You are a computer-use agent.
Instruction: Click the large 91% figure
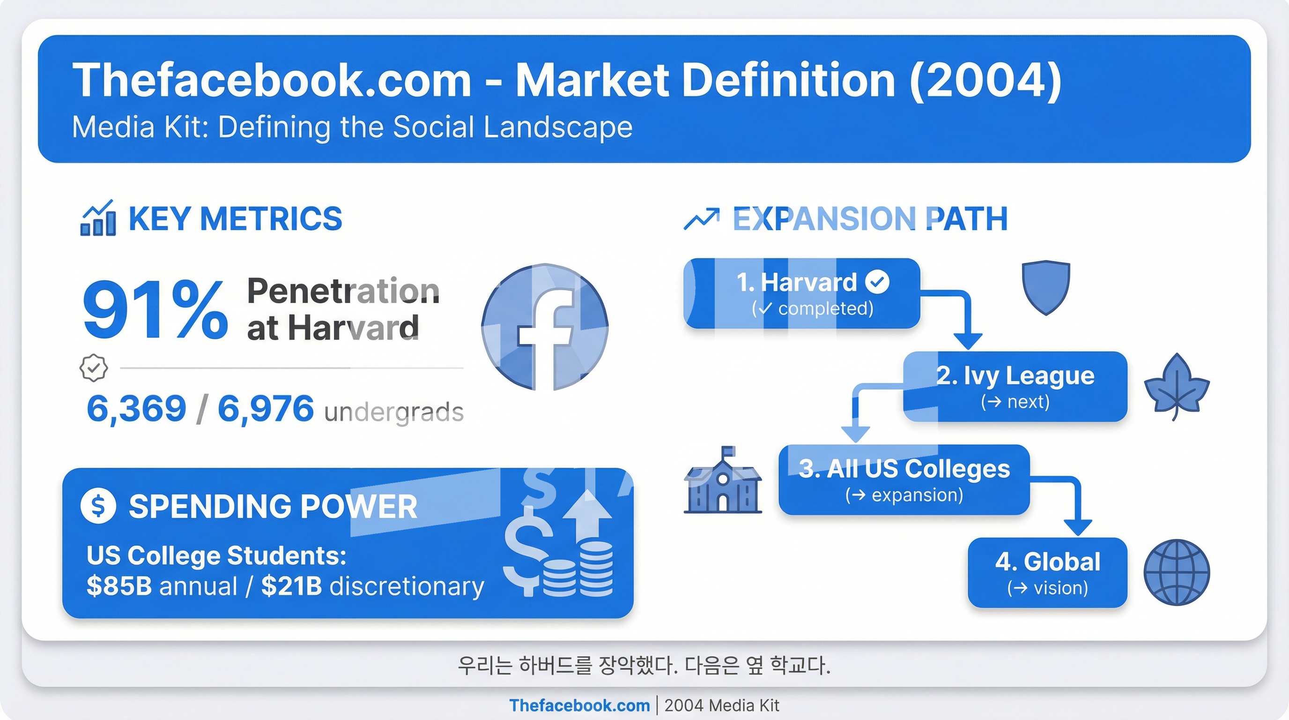[155, 310]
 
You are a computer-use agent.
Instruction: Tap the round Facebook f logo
[545, 327]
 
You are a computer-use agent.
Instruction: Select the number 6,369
[136, 409]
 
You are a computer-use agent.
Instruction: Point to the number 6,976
[266, 409]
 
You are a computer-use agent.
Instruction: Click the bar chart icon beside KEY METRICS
[98, 218]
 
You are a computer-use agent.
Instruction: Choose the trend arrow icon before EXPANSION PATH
[702, 219]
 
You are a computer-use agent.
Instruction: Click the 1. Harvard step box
[801, 293]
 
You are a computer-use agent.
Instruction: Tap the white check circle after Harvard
[878, 281]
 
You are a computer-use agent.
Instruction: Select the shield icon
[1046, 287]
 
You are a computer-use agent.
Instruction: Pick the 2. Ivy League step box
[1015, 387]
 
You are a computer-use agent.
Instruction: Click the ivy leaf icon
[1177, 387]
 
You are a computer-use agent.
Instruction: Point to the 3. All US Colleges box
[904, 480]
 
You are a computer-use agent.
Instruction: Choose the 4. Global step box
[1048, 573]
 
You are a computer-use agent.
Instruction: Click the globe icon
[1177, 572]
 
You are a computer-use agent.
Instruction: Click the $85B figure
[119, 586]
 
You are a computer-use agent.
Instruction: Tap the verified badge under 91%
[94, 368]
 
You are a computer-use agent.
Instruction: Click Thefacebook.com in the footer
[579, 705]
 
